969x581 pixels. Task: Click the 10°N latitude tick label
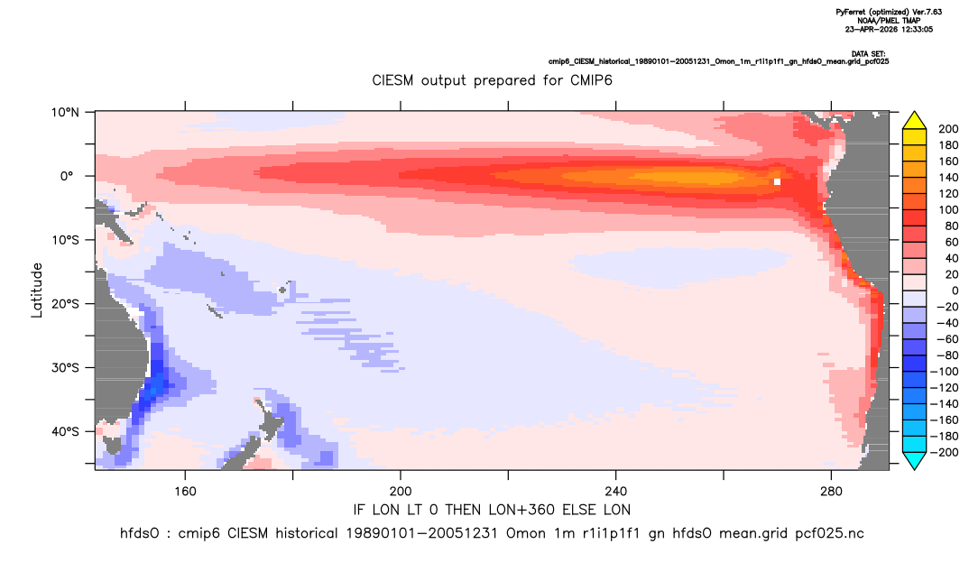click(65, 113)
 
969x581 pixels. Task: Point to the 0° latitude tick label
click(67, 176)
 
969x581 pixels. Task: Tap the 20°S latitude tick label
click(65, 304)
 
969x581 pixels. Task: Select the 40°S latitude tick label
click(65, 431)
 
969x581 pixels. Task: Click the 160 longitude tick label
click(185, 492)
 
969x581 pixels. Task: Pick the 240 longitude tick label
click(616, 492)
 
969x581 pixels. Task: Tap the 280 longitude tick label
click(831, 492)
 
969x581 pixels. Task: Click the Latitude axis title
click(37, 290)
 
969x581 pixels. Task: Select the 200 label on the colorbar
click(948, 129)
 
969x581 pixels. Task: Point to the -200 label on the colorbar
click(945, 452)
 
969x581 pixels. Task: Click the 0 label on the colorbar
click(955, 290)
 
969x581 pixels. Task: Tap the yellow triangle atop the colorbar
click(914, 121)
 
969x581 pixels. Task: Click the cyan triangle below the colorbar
click(914, 460)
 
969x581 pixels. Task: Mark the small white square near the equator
click(777, 181)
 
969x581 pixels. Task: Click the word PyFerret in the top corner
click(851, 12)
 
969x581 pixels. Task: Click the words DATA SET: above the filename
click(868, 54)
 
